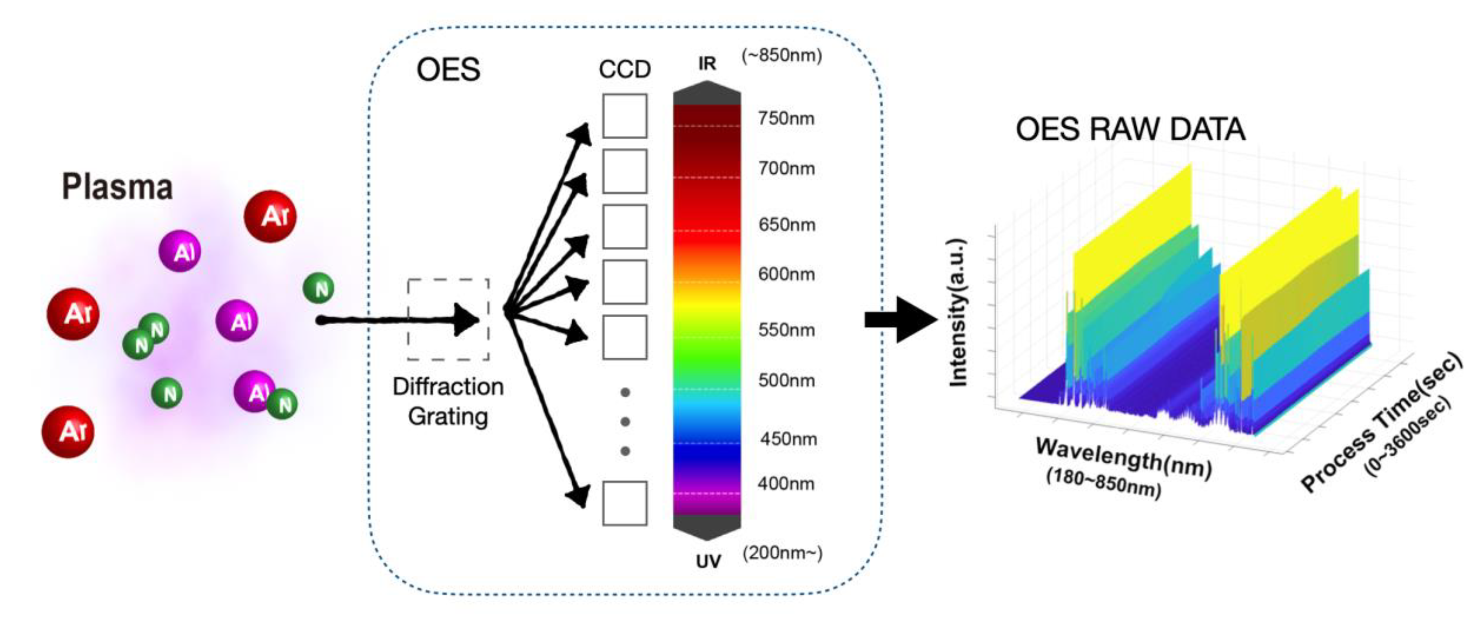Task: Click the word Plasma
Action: point(117,187)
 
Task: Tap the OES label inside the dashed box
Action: point(448,70)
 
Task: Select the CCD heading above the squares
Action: point(625,70)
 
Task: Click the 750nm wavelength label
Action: point(786,118)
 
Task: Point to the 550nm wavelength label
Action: point(786,331)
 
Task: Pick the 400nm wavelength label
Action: point(786,484)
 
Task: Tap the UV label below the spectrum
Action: point(708,561)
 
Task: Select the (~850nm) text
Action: point(782,55)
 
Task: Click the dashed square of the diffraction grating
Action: point(448,320)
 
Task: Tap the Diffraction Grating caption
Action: point(448,401)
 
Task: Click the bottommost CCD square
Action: point(625,503)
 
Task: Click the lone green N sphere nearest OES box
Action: point(318,288)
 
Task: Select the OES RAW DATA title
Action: point(1130,129)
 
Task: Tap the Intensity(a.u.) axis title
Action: point(957,312)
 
